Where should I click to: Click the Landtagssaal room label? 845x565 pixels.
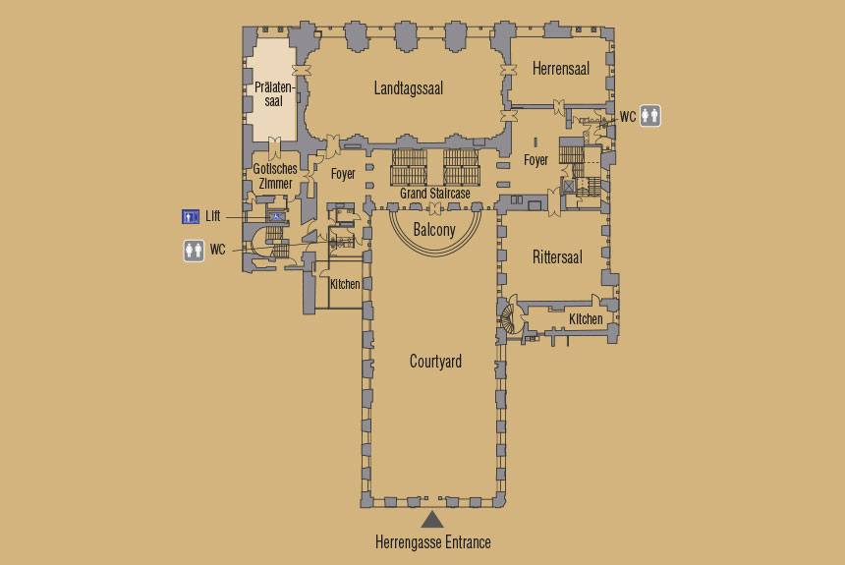point(409,88)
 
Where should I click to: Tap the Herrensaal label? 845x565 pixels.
point(560,69)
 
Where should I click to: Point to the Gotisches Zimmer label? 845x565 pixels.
point(275,176)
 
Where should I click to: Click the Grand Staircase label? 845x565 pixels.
point(435,193)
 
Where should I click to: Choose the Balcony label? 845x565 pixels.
point(434,230)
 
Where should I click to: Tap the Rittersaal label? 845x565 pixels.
point(557,257)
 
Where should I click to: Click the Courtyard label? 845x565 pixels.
point(435,362)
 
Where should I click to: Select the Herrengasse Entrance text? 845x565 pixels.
point(432,541)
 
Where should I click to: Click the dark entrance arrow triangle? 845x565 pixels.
point(431,520)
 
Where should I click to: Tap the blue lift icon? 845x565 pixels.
point(191,216)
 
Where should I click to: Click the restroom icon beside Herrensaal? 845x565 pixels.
point(649,115)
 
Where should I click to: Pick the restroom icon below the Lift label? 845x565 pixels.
point(194,251)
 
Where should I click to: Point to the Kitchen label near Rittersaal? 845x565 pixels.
point(586,319)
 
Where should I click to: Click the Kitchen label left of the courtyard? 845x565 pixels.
point(345,284)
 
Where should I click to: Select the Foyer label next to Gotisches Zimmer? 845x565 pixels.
point(343,174)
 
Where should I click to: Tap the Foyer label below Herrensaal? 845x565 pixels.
point(535,160)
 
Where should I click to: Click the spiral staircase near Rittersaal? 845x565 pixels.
point(509,318)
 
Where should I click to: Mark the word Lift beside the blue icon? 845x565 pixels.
point(213,216)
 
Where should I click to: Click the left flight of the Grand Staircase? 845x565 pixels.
point(409,167)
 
